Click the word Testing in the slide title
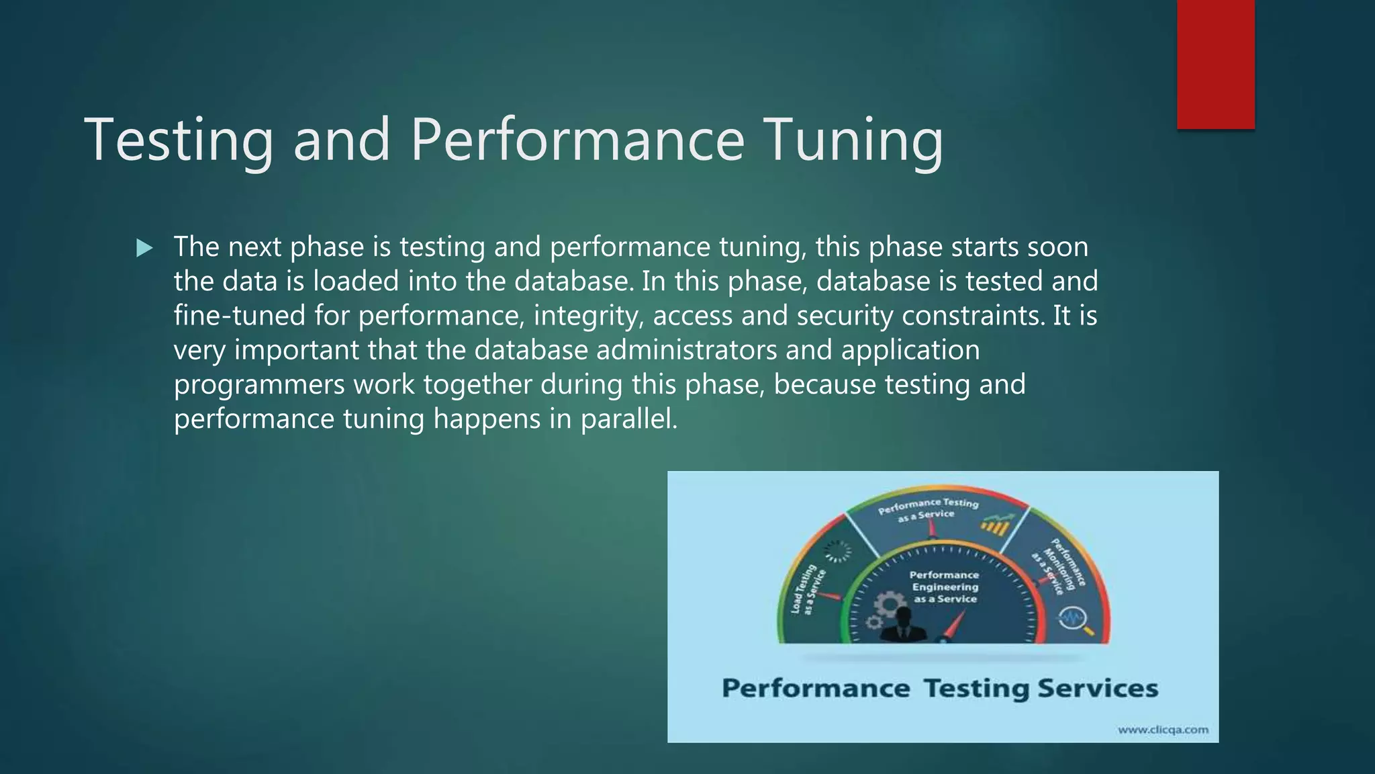tap(179, 140)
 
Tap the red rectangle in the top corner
tap(1215, 64)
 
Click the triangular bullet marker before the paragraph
tap(144, 249)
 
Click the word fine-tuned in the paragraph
tap(239, 316)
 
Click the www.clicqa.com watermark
tap(1163, 730)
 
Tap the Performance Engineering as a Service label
tap(945, 587)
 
